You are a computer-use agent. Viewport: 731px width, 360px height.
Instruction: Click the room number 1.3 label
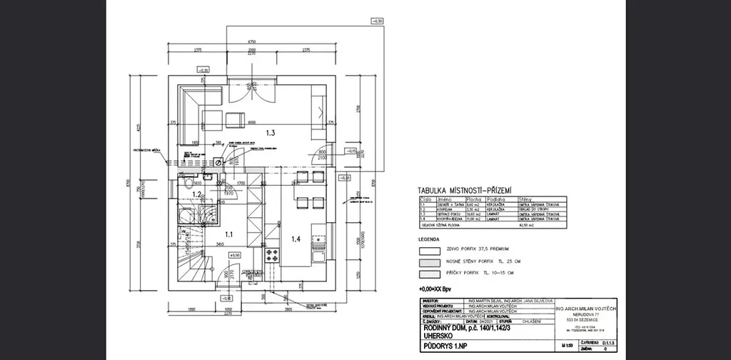point(271,133)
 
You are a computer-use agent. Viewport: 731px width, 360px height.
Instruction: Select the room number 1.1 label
point(229,234)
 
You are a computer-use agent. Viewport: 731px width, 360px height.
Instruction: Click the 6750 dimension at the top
point(252,42)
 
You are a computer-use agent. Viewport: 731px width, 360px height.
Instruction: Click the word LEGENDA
point(430,240)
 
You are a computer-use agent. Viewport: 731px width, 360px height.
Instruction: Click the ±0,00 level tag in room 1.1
point(236,254)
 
